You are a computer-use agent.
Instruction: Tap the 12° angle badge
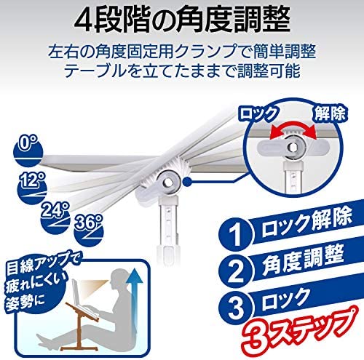point(32,188)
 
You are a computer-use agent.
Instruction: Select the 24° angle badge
point(55,217)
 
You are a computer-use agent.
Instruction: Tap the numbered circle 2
point(236,271)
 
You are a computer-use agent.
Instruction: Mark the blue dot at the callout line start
point(186,181)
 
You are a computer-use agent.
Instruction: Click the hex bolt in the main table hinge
point(168,182)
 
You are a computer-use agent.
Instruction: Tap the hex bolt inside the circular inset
point(292,146)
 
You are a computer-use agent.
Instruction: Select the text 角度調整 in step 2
point(303,260)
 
